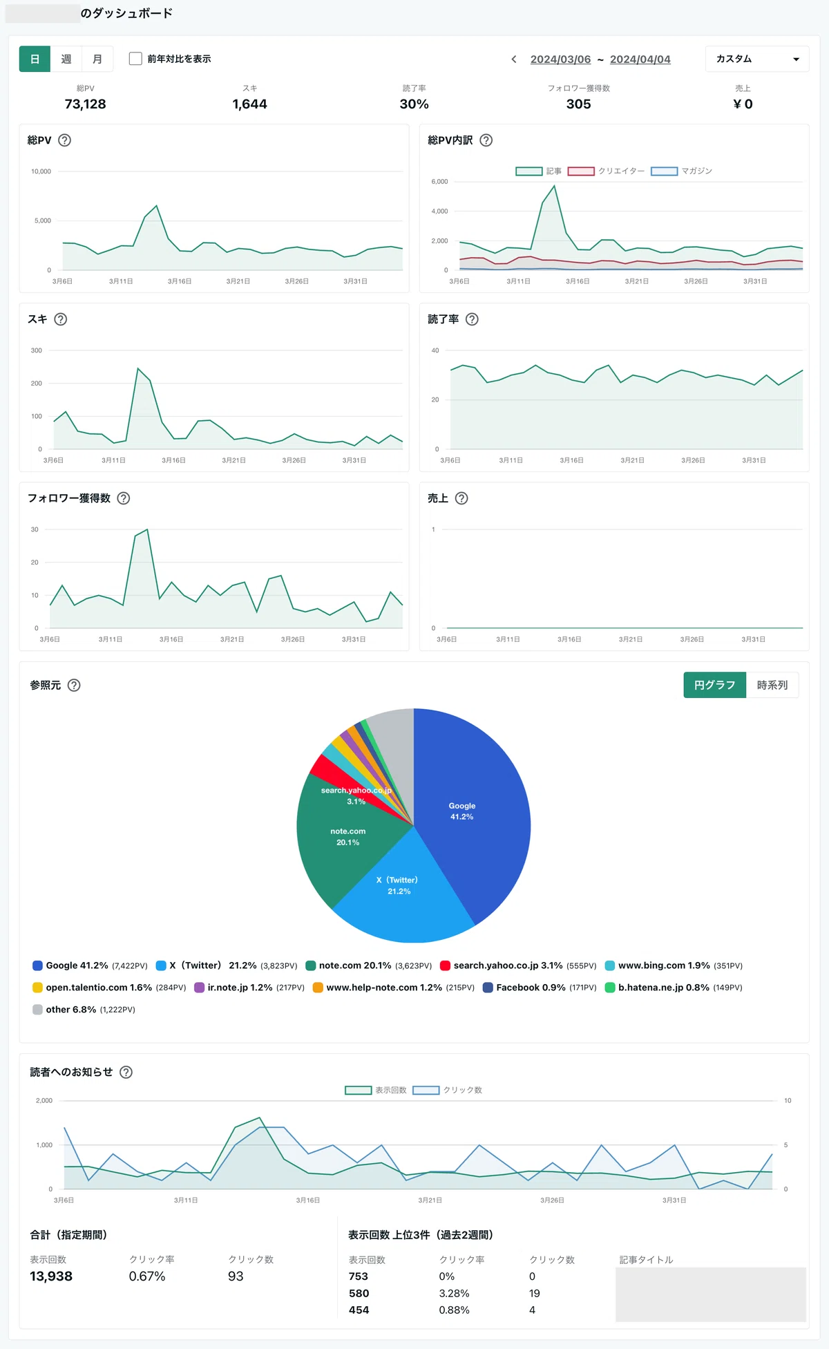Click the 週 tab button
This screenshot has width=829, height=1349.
pyautogui.click(x=66, y=59)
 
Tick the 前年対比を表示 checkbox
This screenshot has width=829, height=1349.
pyautogui.click(x=135, y=59)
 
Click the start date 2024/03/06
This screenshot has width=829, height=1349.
pyautogui.click(x=560, y=59)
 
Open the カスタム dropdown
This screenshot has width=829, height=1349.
pyautogui.click(x=757, y=59)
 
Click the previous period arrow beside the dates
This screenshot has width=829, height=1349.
pyautogui.click(x=514, y=59)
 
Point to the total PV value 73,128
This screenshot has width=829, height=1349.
pyautogui.click(x=85, y=104)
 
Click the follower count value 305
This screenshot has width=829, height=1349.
pyautogui.click(x=578, y=104)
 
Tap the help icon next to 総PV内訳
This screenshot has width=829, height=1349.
pyautogui.click(x=486, y=140)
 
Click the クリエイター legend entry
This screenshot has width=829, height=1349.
pyautogui.click(x=606, y=171)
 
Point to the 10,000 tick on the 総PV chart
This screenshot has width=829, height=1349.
pyautogui.click(x=41, y=171)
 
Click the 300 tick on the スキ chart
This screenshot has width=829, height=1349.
pyautogui.click(x=37, y=350)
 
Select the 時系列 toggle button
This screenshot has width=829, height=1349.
pyautogui.click(x=772, y=685)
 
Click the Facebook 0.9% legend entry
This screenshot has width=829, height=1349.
pyautogui.click(x=540, y=988)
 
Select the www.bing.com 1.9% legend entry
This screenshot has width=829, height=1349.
pyautogui.click(x=674, y=965)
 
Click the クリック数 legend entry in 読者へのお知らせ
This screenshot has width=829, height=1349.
pyautogui.click(x=448, y=1090)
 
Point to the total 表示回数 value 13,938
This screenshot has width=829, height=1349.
pyautogui.click(x=51, y=1276)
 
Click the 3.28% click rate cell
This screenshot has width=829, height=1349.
pyautogui.click(x=454, y=1293)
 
